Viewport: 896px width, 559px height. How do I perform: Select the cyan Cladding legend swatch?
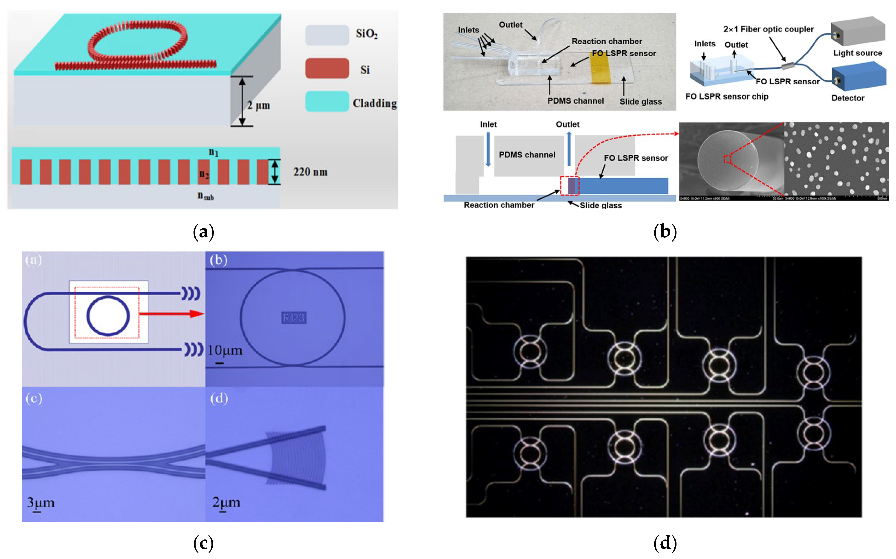(x=327, y=102)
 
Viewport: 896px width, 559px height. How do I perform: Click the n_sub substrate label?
(x=205, y=196)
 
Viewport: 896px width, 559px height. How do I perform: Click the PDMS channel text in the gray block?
(x=527, y=155)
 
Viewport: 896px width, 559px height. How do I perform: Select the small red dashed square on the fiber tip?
(x=727, y=159)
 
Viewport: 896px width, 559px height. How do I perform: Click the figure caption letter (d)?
(x=665, y=543)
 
